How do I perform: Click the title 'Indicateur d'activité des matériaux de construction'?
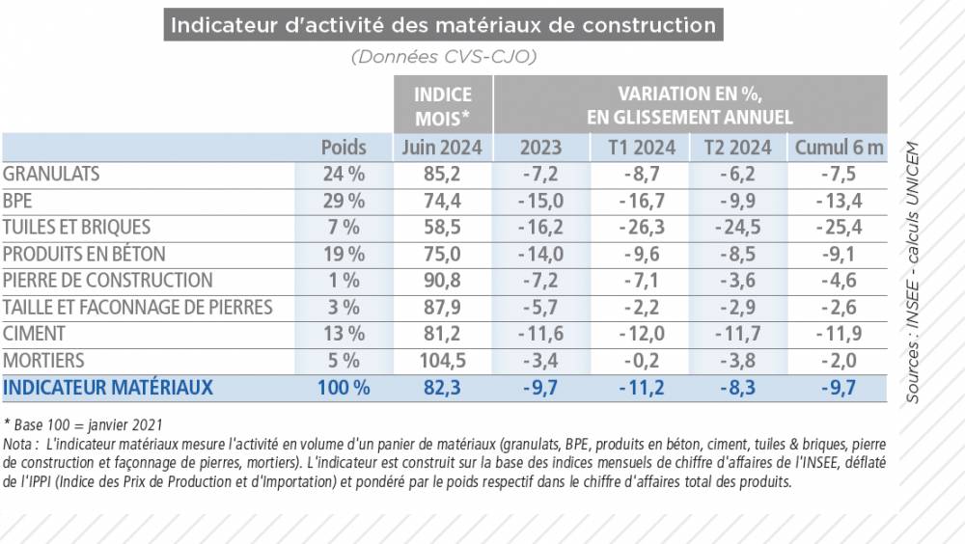443,24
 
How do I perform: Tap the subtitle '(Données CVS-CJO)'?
443,56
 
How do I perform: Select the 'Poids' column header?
344,148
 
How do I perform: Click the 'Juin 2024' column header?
443,148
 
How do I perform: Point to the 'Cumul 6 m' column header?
838,148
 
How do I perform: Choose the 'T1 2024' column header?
642,148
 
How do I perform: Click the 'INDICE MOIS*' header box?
443,106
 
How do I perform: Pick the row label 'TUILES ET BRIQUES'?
77,228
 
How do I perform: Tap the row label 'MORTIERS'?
43,361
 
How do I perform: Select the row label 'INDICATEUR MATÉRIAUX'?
108,388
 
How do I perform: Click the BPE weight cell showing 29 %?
344,201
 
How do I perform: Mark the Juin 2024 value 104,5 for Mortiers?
443,361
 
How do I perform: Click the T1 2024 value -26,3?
642,228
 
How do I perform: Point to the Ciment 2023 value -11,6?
541,334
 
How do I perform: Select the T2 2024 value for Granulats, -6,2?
740,175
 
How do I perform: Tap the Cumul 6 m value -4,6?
838,281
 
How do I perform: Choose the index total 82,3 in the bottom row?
443,388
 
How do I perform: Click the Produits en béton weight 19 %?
344,255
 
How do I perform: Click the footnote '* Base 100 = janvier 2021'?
83,424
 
